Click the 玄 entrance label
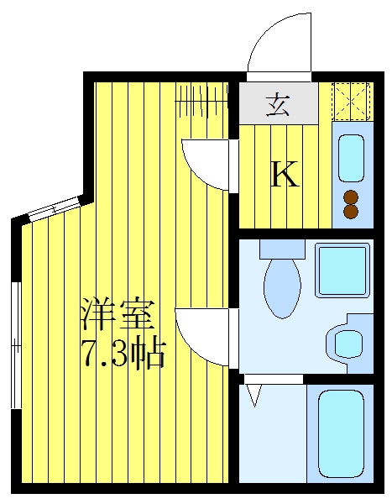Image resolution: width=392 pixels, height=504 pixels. click(277, 105)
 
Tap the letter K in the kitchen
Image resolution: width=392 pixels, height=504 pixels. click(285, 174)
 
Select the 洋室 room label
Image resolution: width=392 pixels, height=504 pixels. click(118, 314)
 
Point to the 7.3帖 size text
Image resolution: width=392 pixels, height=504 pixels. click(125, 352)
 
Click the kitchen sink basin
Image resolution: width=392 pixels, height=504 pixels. click(352, 158)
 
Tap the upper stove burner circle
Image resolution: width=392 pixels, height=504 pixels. click(351, 197)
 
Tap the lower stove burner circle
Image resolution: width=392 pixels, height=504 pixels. click(351, 211)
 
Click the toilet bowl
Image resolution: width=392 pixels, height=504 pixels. click(282, 287)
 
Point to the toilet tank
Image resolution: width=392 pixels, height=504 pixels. click(282, 249)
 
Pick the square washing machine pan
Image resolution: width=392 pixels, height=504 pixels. click(342, 270)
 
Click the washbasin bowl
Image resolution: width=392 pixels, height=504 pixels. click(348, 344)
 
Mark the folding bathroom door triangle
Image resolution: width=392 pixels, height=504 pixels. click(253, 396)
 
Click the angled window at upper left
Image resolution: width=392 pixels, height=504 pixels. click(54, 209)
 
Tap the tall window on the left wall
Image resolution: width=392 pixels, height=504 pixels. click(16, 345)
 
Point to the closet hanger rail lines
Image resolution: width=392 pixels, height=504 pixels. click(201, 101)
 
